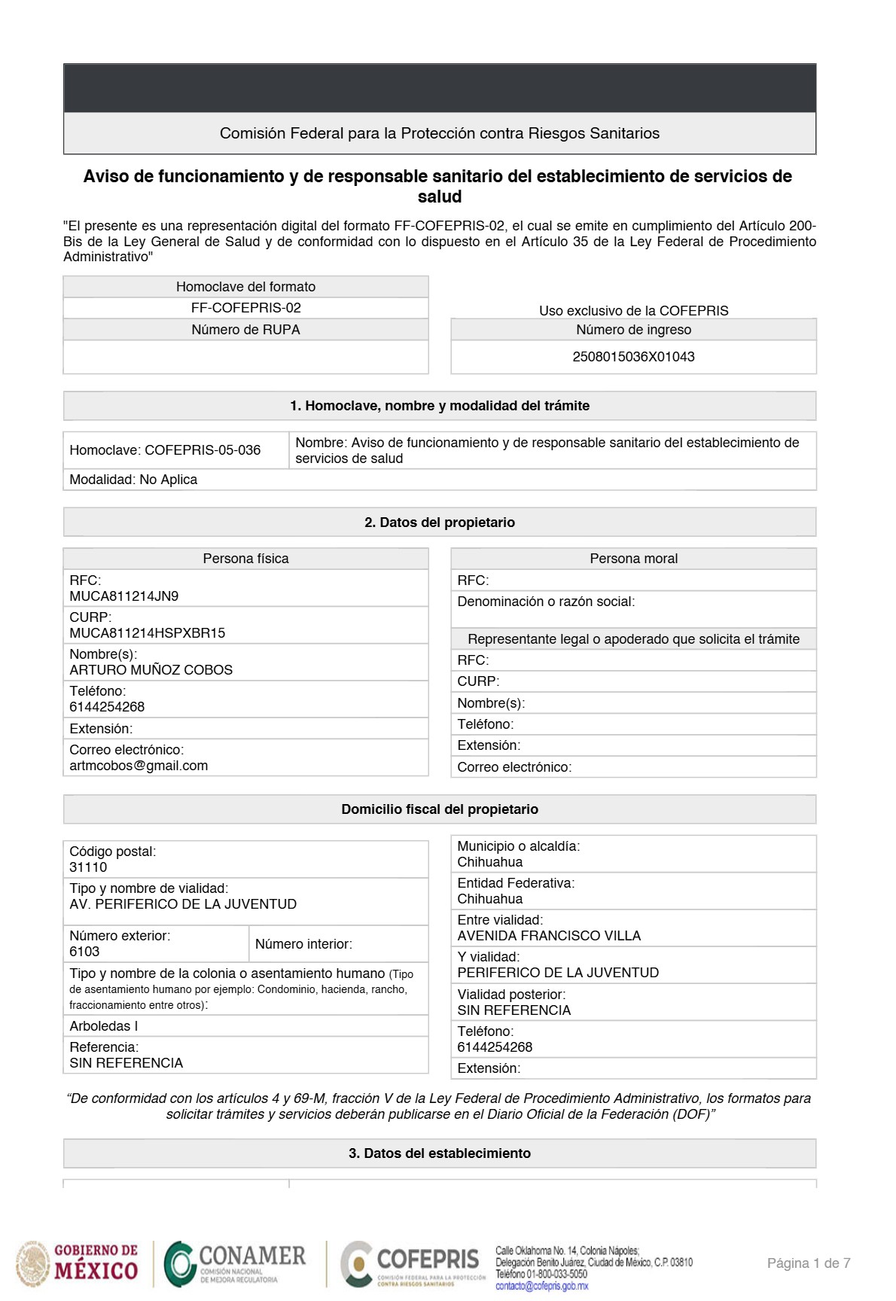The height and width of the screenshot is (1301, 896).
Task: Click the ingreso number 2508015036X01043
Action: click(x=633, y=357)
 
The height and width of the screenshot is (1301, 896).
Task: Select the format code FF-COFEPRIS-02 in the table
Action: click(x=245, y=308)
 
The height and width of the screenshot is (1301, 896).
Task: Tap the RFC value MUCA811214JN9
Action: click(x=124, y=596)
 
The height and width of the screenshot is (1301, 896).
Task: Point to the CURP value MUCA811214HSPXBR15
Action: click(x=148, y=633)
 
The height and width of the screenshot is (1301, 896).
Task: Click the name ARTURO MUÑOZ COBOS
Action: click(x=151, y=670)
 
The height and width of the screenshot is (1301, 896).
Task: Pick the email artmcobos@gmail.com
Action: click(x=139, y=766)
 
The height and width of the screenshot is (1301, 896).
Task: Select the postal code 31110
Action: click(x=88, y=867)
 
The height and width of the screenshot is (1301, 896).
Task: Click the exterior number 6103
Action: click(x=84, y=952)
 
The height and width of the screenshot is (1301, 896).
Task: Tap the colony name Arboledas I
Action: click(x=104, y=1026)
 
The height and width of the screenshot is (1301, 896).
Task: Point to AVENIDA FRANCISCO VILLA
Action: click(x=549, y=936)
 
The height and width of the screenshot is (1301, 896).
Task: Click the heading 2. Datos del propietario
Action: click(x=440, y=523)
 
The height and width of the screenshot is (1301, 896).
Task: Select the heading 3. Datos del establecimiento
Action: click(x=440, y=1153)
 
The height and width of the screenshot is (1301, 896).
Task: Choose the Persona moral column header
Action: click(x=633, y=559)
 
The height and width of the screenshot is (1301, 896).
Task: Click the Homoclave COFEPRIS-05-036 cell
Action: click(x=165, y=450)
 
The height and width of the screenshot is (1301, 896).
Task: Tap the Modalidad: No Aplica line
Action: click(x=133, y=480)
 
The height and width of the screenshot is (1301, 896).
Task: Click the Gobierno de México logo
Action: click(x=78, y=1263)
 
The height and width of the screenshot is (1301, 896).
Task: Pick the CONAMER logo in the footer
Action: click(x=236, y=1263)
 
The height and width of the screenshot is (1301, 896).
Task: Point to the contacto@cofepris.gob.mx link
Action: click(x=541, y=1286)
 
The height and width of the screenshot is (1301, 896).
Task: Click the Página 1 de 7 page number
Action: click(x=809, y=1263)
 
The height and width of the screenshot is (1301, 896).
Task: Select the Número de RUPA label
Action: click(x=245, y=330)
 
